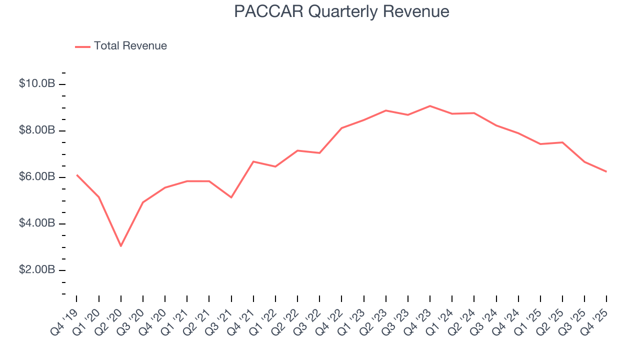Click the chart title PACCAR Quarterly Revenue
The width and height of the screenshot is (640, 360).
pyautogui.click(x=341, y=11)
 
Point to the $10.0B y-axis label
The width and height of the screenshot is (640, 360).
pyautogui.click(x=37, y=83)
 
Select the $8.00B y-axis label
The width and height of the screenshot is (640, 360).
pyautogui.click(x=37, y=130)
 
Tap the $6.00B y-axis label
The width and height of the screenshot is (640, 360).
pyautogui.click(x=37, y=177)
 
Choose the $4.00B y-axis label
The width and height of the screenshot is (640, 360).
pyautogui.click(x=37, y=223)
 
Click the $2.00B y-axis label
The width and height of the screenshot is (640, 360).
pyautogui.click(x=37, y=270)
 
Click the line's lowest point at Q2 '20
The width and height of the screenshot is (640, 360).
pyautogui.click(x=121, y=246)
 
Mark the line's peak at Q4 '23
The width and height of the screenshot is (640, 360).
pyautogui.click(x=430, y=106)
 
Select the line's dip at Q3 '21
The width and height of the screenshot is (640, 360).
pyautogui.click(x=231, y=197)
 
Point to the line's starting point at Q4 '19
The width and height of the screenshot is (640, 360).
pyautogui.click(x=77, y=175)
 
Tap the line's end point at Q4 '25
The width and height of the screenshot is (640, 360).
pyautogui.click(x=606, y=171)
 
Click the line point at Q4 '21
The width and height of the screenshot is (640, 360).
pyautogui.click(x=253, y=161)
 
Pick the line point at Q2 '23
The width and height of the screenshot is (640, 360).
pyautogui.click(x=386, y=110)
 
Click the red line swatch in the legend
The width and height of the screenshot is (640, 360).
pyautogui.click(x=82, y=46)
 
